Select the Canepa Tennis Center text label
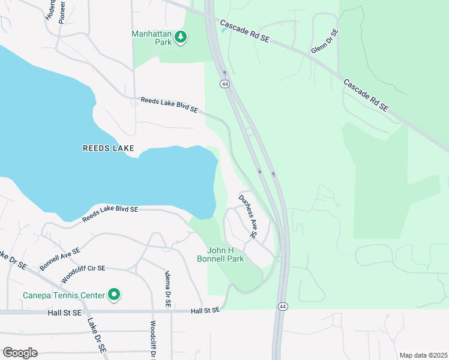click(62, 295)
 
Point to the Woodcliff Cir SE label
click(83, 274)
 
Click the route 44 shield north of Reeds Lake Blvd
click(224, 84)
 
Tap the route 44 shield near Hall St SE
click(282, 307)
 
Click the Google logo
click(20, 353)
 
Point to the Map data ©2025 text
click(423, 355)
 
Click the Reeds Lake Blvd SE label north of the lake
click(169, 105)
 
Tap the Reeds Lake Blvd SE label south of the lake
click(110, 214)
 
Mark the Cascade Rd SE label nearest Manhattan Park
click(246, 33)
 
